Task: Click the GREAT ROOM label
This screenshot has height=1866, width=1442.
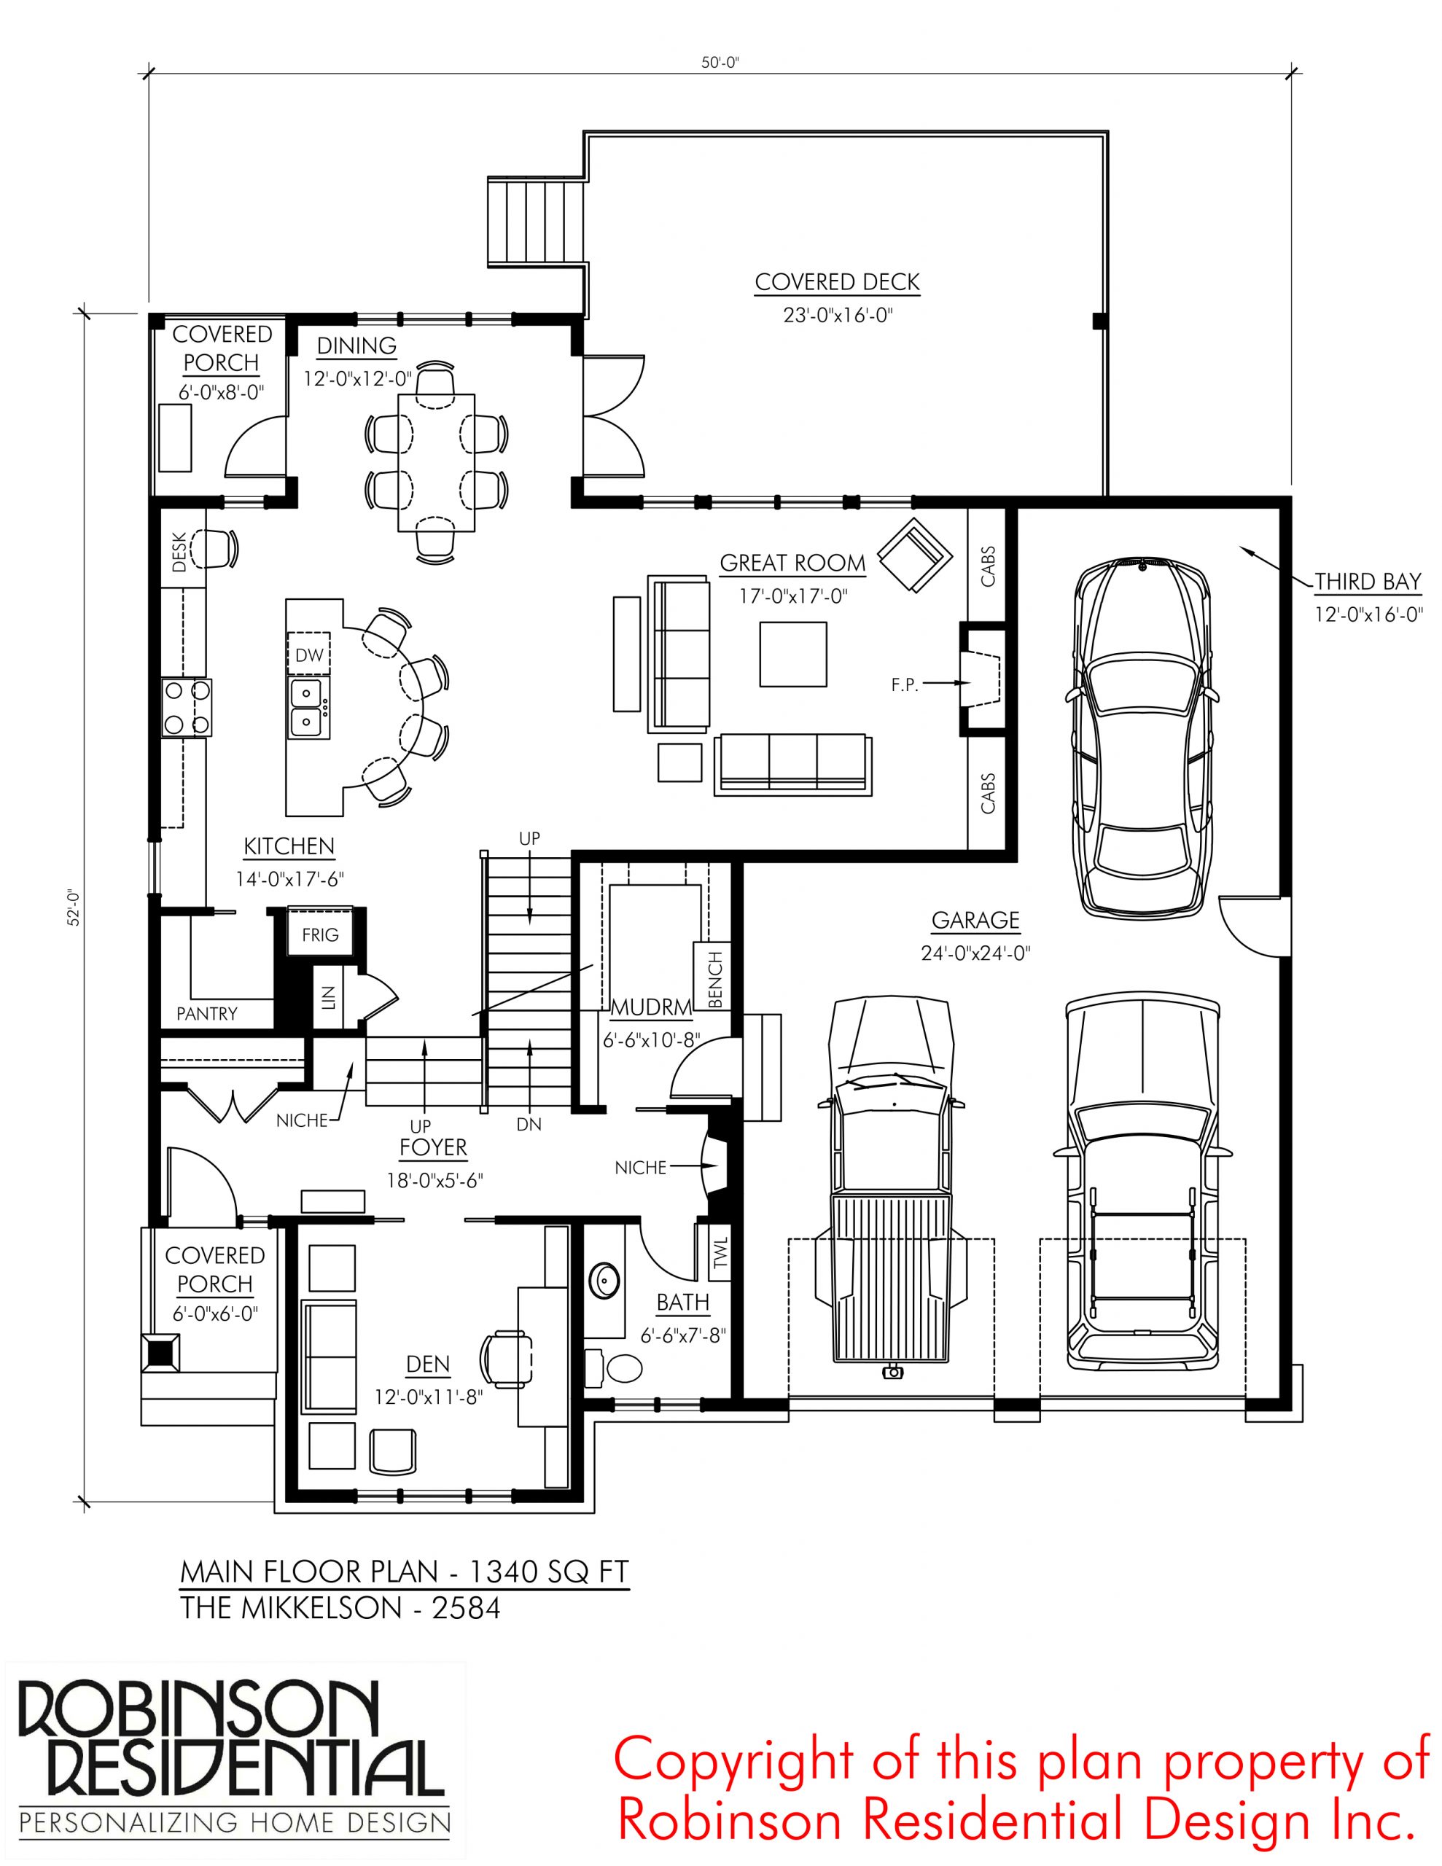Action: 792,563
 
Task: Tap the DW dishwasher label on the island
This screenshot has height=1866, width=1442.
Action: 309,655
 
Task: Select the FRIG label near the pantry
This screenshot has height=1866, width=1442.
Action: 320,934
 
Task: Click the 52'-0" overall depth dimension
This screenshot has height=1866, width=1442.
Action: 75,908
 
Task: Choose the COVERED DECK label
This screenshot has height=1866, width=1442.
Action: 837,282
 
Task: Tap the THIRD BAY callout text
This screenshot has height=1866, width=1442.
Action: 1368,582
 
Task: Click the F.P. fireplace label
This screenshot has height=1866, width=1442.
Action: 905,684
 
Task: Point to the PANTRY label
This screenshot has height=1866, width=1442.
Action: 207,1014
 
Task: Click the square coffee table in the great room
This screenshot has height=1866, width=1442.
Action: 793,654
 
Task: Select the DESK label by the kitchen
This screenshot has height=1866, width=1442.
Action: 179,552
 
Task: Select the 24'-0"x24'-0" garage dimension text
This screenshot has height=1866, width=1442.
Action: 976,953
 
